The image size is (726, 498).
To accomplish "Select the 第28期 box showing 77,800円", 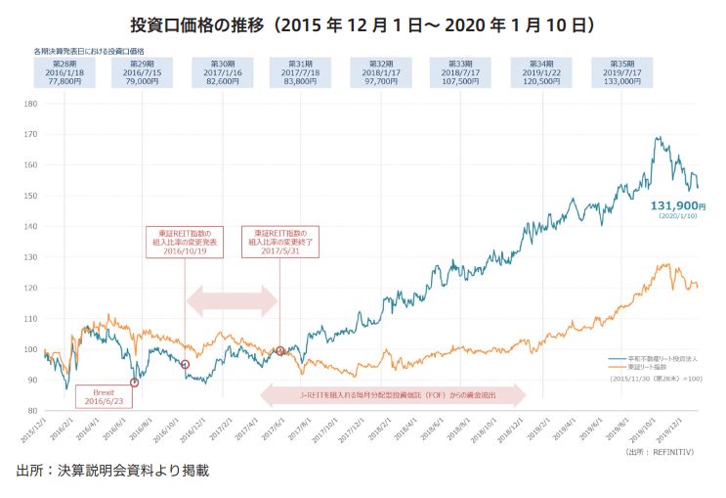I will pos(64,72).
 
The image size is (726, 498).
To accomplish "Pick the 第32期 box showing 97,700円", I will pos(380,72).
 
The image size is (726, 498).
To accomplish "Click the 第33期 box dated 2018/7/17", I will pos(459,72).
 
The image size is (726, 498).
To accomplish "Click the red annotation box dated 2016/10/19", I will pos(185,240).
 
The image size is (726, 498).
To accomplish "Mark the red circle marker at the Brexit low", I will pos(134,383).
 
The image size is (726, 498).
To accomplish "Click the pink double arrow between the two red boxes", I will pos(232,299).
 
